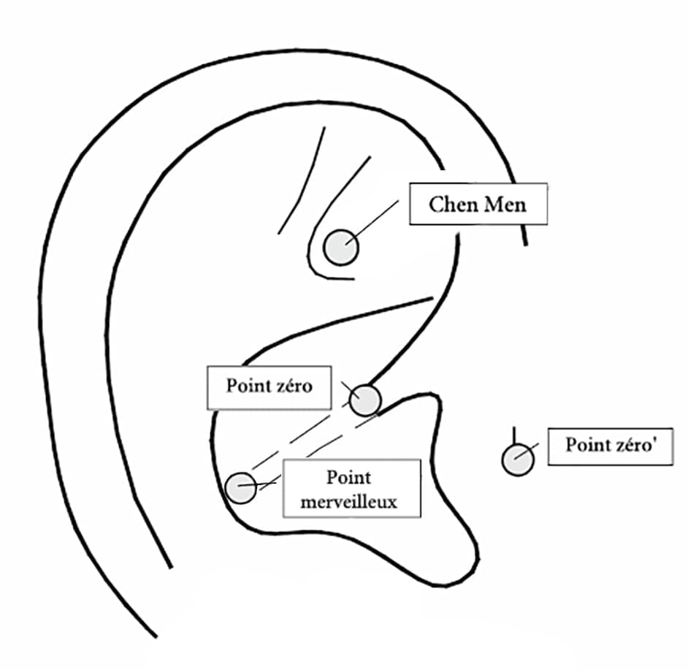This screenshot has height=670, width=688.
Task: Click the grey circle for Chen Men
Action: coord(341,247)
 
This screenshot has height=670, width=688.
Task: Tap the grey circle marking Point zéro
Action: coord(365,400)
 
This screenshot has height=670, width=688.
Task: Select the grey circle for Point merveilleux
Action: coord(241,488)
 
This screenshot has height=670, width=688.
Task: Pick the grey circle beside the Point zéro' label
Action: coord(518,460)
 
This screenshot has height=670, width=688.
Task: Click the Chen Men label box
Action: coord(478,204)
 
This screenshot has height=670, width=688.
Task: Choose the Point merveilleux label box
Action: coord(351,488)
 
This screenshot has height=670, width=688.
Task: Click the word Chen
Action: coord(453,204)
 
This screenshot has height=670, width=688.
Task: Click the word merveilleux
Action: coord(352,502)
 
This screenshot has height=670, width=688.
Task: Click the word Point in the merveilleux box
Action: coord(348,478)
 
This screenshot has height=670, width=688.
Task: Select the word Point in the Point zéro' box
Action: coord(589,445)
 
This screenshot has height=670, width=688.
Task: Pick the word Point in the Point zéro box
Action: coord(245,386)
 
